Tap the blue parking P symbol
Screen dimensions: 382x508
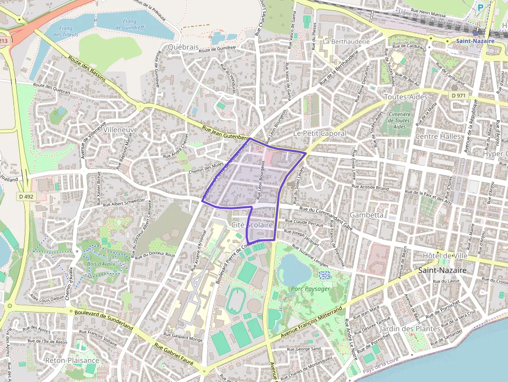point(480,8)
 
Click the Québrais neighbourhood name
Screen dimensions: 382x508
point(183,47)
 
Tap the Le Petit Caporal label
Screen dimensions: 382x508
point(319,133)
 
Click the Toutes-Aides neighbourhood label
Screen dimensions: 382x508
point(405,97)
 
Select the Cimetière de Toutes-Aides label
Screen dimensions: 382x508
point(399,120)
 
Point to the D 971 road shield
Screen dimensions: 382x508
point(458,95)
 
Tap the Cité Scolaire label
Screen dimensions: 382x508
point(252,224)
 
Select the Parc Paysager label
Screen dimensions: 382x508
point(307,288)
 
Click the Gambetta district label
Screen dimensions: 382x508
point(366,214)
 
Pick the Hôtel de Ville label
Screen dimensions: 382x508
point(445,256)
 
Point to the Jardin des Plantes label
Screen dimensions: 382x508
point(410,329)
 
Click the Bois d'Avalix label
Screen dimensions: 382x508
point(101,264)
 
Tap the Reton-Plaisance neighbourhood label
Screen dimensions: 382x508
point(72,360)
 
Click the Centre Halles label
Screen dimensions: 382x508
point(438,136)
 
